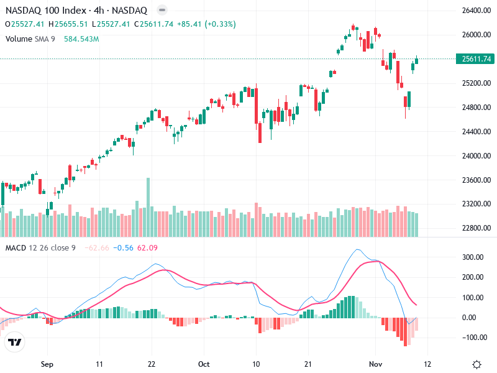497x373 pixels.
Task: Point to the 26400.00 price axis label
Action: click(473, 11)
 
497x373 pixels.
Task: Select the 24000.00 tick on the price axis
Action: click(473, 156)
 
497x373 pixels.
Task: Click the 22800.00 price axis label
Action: click(473, 228)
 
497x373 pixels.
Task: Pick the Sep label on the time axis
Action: click(45, 364)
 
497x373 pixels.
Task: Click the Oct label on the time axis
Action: click(204, 364)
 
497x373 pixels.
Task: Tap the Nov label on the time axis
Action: click(374, 364)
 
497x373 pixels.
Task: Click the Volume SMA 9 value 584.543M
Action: click(81, 39)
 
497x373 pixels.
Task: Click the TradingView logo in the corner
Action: click(15, 343)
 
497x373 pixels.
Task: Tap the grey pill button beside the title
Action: click(162, 11)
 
